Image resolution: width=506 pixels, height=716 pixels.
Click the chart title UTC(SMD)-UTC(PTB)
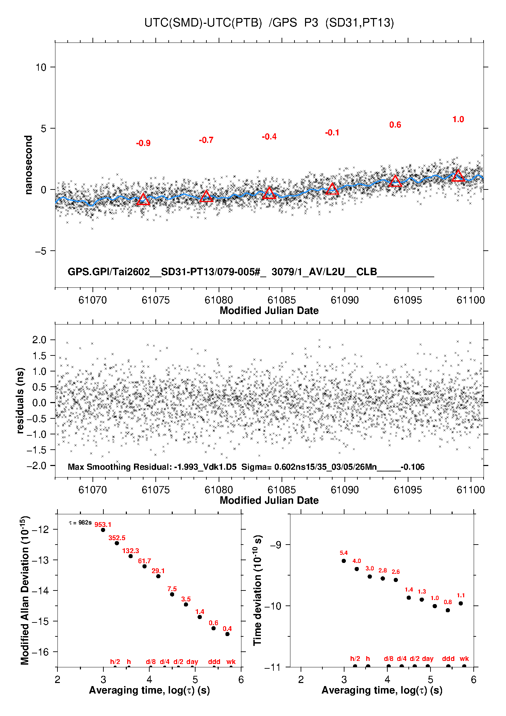coord(203,23)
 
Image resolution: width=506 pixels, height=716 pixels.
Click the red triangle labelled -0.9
coord(143,200)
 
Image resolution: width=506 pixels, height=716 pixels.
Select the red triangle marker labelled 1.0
coord(458,176)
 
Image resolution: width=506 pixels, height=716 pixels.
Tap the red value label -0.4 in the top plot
coord(269,137)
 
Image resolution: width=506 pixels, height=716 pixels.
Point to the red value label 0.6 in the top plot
coord(395,125)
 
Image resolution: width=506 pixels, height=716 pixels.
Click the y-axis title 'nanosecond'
coord(29,165)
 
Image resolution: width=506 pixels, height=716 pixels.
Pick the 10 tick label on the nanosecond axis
coord(41,67)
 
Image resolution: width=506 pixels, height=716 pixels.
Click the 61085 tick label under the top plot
coord(282,300)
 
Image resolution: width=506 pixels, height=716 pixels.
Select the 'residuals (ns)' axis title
coord(20,400)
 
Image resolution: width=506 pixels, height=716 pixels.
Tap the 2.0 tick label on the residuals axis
coord(39,340)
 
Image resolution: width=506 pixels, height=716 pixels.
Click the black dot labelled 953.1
coord(103,530)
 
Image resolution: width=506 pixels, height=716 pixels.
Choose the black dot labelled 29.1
coord(158,576)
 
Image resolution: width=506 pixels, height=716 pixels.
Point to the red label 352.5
coord(117,538)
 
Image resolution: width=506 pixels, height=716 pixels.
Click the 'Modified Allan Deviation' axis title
coord(25,590)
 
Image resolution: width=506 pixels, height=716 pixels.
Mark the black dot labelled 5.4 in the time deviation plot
coord(343,561)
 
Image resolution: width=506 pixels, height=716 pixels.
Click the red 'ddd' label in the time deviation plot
coord(448,659)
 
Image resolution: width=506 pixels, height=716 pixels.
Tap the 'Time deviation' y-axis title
coord(258,590)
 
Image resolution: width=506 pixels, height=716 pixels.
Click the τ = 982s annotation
coord(80,522)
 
